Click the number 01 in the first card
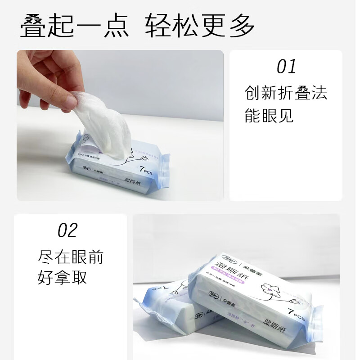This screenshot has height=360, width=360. point(286,67)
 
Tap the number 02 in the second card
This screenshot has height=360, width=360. point(67,230)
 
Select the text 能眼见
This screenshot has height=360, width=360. point(269,116)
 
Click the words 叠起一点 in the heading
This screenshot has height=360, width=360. point(74,26)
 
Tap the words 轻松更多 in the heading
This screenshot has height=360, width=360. point(200,26)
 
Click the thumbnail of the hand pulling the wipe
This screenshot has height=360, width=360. point(120,125)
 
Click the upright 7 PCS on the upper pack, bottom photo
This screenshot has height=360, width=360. point(294,314)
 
